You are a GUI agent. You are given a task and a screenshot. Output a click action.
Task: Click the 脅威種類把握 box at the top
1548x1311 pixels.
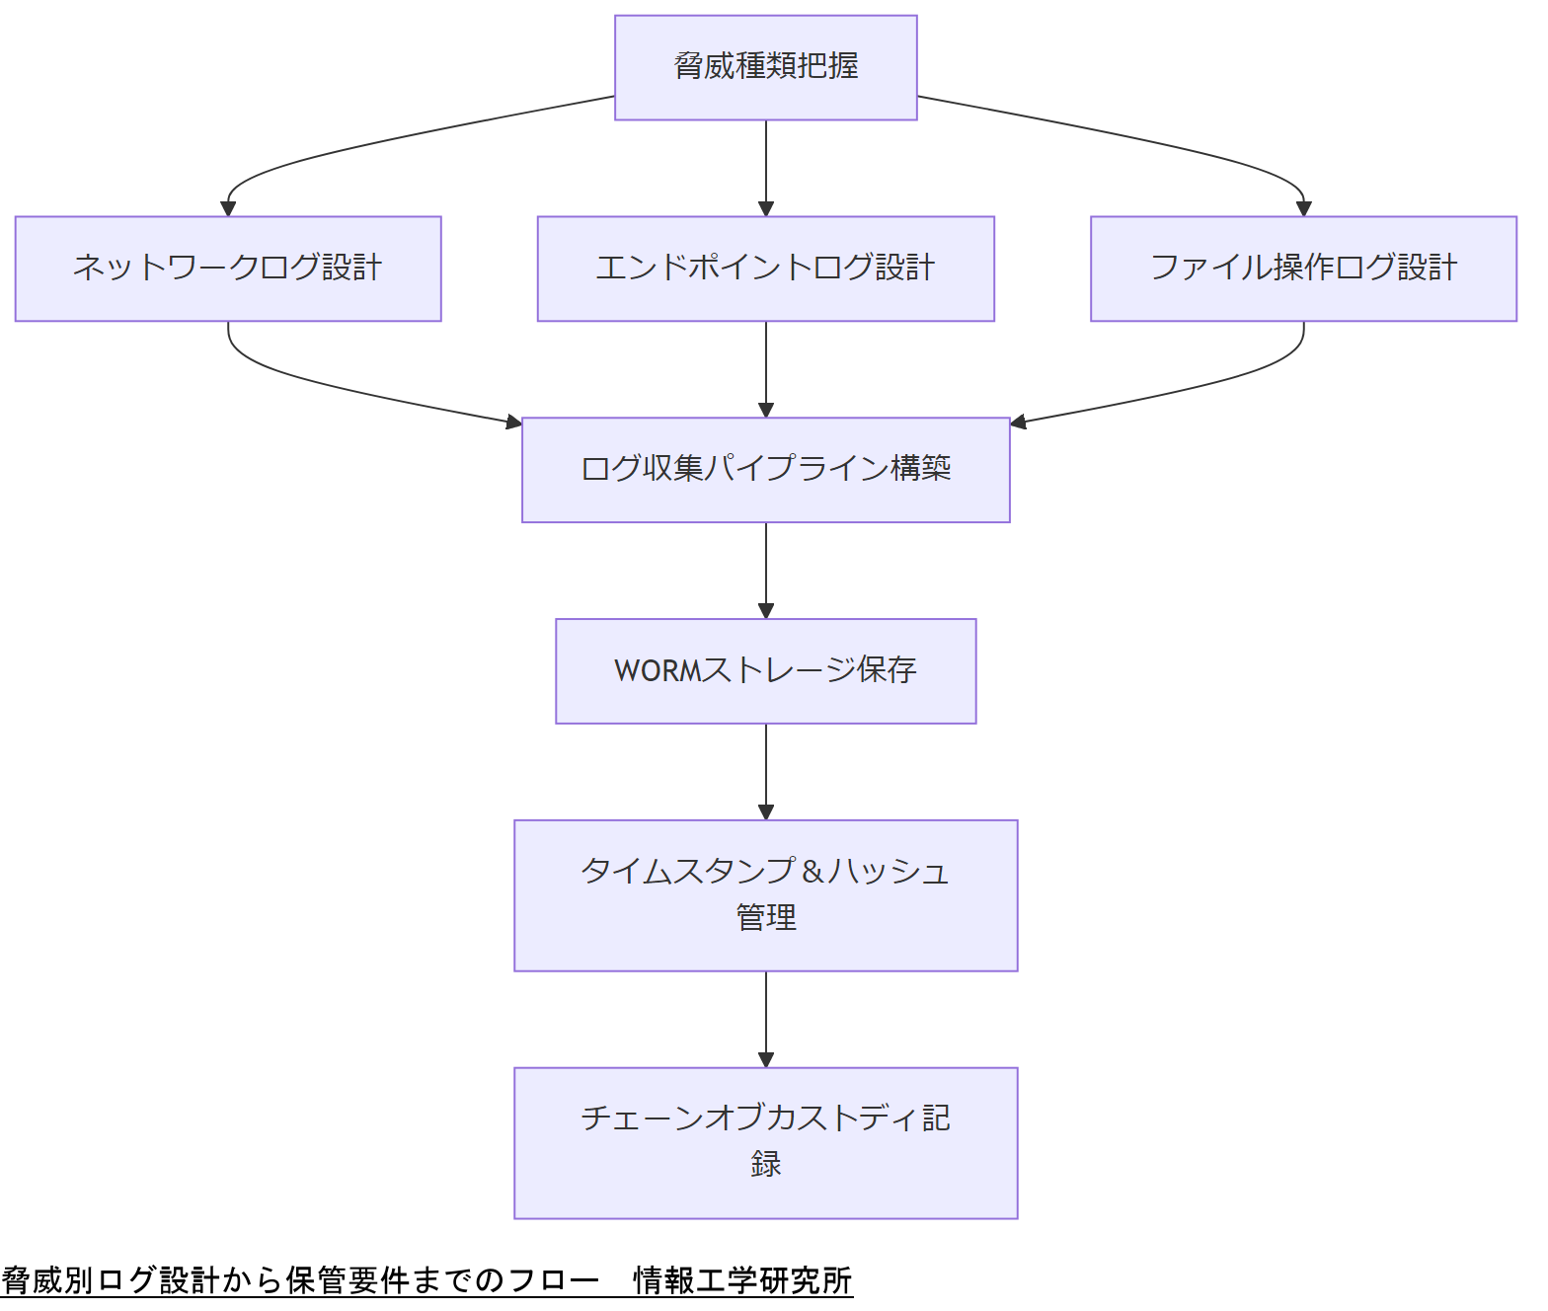765,67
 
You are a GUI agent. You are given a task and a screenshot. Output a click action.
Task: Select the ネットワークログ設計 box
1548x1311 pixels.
228,269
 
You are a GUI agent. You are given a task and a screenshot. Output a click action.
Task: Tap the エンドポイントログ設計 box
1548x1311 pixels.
765,269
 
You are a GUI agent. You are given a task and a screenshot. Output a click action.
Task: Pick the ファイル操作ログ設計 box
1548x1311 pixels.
1303,269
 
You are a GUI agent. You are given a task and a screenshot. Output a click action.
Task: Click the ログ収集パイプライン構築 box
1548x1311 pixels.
765,470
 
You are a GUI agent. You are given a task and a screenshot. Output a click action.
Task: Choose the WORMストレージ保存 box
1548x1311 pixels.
765,671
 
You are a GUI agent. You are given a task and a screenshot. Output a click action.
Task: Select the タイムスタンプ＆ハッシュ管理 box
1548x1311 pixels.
765,895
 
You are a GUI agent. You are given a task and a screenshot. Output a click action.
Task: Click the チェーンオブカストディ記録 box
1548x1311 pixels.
765,1143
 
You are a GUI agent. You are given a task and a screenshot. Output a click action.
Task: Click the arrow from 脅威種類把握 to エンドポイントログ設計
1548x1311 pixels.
766,168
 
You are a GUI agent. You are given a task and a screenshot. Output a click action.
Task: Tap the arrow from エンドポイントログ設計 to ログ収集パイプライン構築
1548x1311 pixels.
766,369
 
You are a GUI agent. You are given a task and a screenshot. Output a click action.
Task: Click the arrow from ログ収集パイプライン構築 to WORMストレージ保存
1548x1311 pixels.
766,571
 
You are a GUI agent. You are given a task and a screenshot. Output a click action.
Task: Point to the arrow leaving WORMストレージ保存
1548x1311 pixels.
766,772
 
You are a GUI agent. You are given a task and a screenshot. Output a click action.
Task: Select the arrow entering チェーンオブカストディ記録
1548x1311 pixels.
766,1019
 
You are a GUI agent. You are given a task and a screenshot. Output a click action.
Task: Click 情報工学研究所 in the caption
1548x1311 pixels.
742,1281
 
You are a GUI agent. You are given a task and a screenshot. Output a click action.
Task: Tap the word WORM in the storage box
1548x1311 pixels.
657,671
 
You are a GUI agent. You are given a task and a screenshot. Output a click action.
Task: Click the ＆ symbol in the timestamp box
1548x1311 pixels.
813,872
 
